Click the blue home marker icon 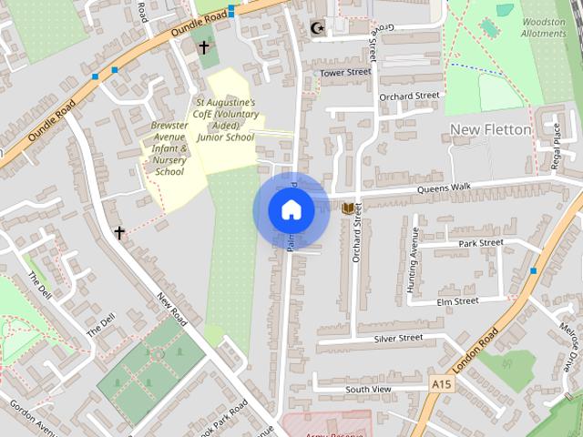[x=291, y=210]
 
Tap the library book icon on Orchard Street [x=347, y=208]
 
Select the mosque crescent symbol [x=317, y=28]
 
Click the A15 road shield [x=443, y=384]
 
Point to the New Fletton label [x=490, y=130]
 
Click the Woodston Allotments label [x=543, y=27]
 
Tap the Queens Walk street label [x=444, y=188]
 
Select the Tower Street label [x=345, y=72]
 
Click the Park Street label [x=481, y=243]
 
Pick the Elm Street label [x=457, y=301]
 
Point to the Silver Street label [x=398, y=339]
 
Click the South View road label [x=368, y=390]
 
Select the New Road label [x=171, y=310]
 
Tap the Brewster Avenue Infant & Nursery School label [x=169, y=147]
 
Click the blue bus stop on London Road [x=533, y=271]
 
